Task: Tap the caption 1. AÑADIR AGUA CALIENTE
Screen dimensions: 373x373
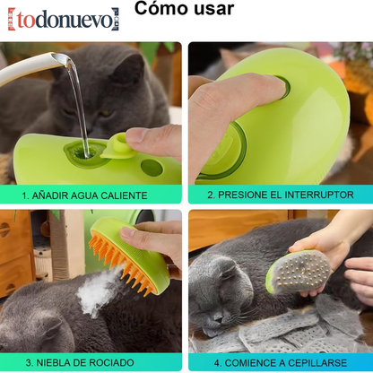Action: [x=91, y=194]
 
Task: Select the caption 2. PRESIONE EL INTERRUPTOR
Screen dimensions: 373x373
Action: [x=280, y=194]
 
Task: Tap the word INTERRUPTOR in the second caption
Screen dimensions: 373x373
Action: [x=317, y=194]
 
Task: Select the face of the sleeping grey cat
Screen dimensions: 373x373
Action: [x=224, y=296]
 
